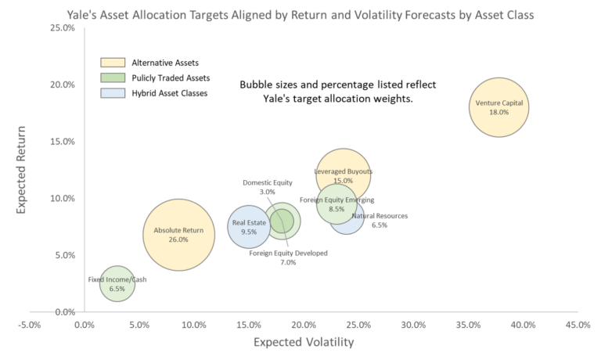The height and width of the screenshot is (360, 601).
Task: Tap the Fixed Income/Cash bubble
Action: tap(117, 284)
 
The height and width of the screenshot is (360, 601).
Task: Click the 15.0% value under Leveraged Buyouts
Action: tap(343, 181)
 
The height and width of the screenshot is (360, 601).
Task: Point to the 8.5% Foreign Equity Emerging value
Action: tap(336, 209)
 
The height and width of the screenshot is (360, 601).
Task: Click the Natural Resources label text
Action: tap(380, 215)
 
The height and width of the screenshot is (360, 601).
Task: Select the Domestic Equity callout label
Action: tap(267, 182)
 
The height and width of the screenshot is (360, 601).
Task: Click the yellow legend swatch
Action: tap(113, 63)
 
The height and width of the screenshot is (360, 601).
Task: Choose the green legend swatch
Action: tap(113, 77)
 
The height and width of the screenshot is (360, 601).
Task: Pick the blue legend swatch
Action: tap(113, 92)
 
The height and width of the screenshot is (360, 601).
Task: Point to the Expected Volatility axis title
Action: tap(303, 342)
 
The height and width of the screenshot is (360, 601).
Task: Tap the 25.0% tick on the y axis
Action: tap(62, 28)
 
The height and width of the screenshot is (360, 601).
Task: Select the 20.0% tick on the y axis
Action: tap(62, 85)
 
